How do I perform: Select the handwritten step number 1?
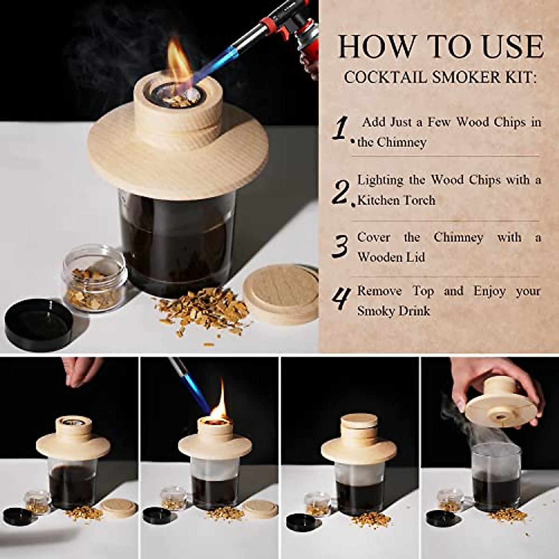pyautogui.click(x=341, y=128)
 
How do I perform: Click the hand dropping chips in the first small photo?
pyautogui.click(x=83, y=371)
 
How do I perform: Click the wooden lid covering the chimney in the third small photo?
pyautogui.click(x=359, y=424)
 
